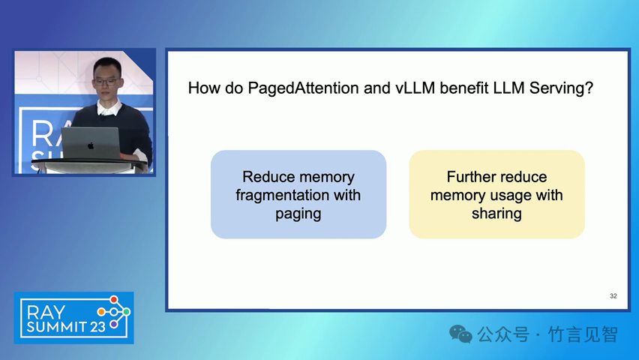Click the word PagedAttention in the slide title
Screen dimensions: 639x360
tap(303, 88)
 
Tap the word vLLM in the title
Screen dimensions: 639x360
tap(415, 88)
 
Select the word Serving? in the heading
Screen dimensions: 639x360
tap(561, 88)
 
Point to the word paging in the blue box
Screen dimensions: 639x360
tap(298, 214)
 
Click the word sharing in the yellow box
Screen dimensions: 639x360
tap(496, 214)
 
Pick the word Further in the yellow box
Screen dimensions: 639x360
tap(468, 177)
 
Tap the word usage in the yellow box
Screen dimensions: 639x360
tap(511, 196)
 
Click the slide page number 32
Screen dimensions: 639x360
tap(613, 296)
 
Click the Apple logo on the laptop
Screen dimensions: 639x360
tap(91, 145)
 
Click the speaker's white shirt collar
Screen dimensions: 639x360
tap(109, 109)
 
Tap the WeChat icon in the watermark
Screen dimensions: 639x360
tap(460, 334)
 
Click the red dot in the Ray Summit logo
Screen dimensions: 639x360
tap(114, 300)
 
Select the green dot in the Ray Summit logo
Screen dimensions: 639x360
tap(127, 312)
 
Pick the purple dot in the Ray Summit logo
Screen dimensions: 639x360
tap(114, 325)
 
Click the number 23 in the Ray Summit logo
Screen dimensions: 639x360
tap(98, 327)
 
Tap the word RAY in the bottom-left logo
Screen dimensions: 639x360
tap(46, 313)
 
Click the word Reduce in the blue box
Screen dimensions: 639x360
tap(267, 177)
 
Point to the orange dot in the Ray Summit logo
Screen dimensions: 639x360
tap(101, 312)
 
